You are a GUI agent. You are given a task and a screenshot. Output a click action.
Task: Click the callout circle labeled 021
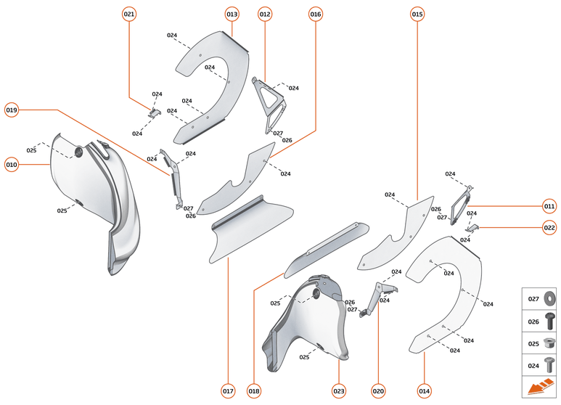(x=129, y=14)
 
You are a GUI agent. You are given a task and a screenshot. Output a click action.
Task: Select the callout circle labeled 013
(x=232, y=14)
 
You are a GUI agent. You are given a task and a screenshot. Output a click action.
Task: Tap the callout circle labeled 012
(x=265, y=14)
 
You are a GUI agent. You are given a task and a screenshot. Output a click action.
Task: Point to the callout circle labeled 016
(x=316, y=14)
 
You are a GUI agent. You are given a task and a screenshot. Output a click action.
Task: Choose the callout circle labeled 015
(x=417, y=14)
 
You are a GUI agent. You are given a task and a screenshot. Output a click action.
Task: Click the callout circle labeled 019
(x=12, y=110)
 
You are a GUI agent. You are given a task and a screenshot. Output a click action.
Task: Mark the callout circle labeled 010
(x=12, y=164)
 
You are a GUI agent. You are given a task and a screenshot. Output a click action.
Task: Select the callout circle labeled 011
(x=549, y=206)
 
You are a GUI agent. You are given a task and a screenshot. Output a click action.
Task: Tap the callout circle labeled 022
(x=549, y=227)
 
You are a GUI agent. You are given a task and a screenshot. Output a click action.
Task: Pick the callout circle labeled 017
(x=229, y=391)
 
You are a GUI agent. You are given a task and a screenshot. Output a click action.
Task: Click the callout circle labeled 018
(x=254, y=391)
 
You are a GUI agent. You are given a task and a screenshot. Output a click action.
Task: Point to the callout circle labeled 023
(x=339, y=391)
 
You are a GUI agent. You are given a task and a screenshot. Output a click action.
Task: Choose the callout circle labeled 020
(x=377, y=391)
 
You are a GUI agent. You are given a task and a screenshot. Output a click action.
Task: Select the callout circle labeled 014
(x=424, y=391)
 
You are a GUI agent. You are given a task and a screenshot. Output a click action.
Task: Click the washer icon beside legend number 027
(x=549, y=298)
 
